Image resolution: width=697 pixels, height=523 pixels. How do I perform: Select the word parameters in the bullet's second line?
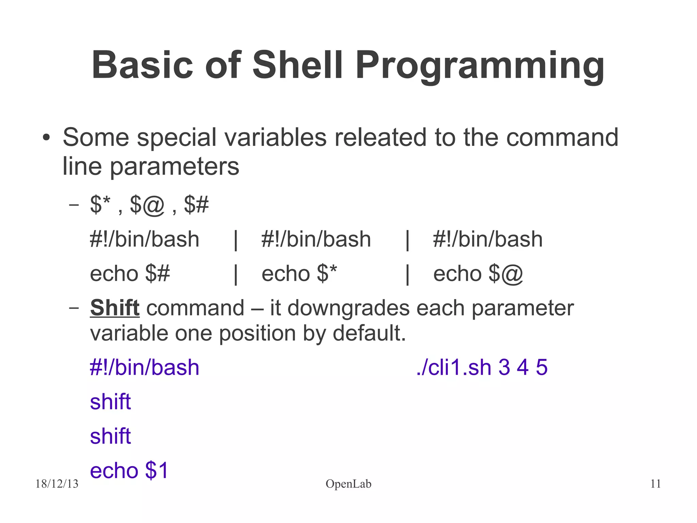pyautogui.click(x=174, y=167)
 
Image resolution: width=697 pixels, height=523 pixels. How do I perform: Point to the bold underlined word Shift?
pyautogui.click(x=115, y=308)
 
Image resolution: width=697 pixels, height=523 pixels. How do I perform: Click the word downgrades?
pyautogui.click(x=349, y=308)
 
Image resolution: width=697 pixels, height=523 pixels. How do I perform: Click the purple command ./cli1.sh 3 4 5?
pyautogui.click(x=482, y=368)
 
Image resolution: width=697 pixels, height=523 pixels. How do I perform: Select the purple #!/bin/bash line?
pyautogui.click(x=144, y=368)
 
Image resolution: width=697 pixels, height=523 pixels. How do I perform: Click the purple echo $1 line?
pyautogui.click(x=129, y=471)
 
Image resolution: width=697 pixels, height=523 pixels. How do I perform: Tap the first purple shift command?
pyautogui.click(x=110, y=402)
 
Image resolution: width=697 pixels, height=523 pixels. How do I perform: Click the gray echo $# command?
pyautogui.click(x=130, y=274)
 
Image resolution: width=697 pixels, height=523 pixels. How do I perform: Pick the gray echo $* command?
pyautogui.click(x=299, y=274)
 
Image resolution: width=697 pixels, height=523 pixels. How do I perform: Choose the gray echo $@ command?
pyautogui.click(x=478, y=274)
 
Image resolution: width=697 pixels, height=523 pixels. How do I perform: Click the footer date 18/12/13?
pyautogui.click(x=57, y=484)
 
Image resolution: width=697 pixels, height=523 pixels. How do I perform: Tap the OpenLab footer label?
pyautogui.click(x=348, y=484)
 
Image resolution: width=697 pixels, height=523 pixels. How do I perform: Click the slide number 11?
pyautogui.click(x=655, y=484)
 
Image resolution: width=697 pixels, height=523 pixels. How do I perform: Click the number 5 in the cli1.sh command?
pyautogui.click(x=541, y=368)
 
